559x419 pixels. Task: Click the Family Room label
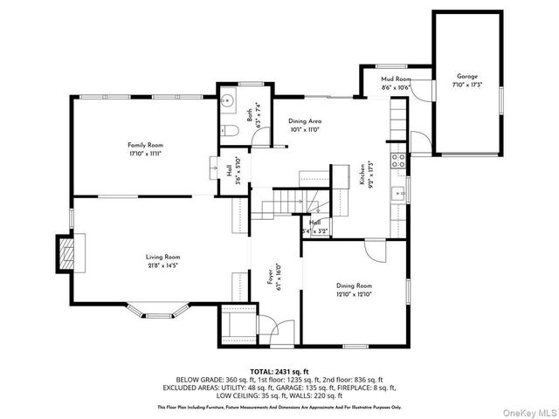145,145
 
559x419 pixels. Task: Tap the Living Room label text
162,257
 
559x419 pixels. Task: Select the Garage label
467,76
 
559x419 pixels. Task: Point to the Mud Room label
395,79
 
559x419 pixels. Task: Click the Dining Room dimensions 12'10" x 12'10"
355,294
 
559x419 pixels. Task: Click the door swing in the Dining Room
374,251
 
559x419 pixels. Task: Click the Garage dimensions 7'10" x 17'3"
467,85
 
